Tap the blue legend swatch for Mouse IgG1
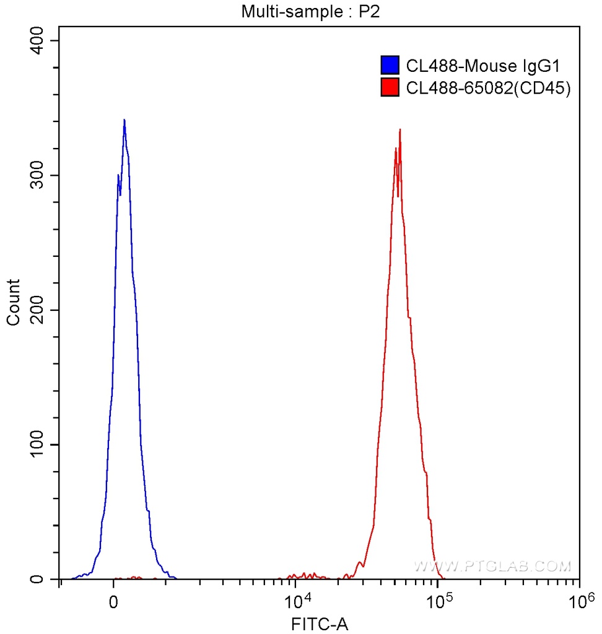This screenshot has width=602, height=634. (389, 65)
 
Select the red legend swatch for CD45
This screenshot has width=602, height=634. (389, 88)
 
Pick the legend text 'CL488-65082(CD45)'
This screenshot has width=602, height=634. (488, 89)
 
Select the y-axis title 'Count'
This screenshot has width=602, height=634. (13, 302)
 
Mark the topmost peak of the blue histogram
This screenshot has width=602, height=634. (124, 120)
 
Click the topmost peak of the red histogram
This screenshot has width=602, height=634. (400, 130)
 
